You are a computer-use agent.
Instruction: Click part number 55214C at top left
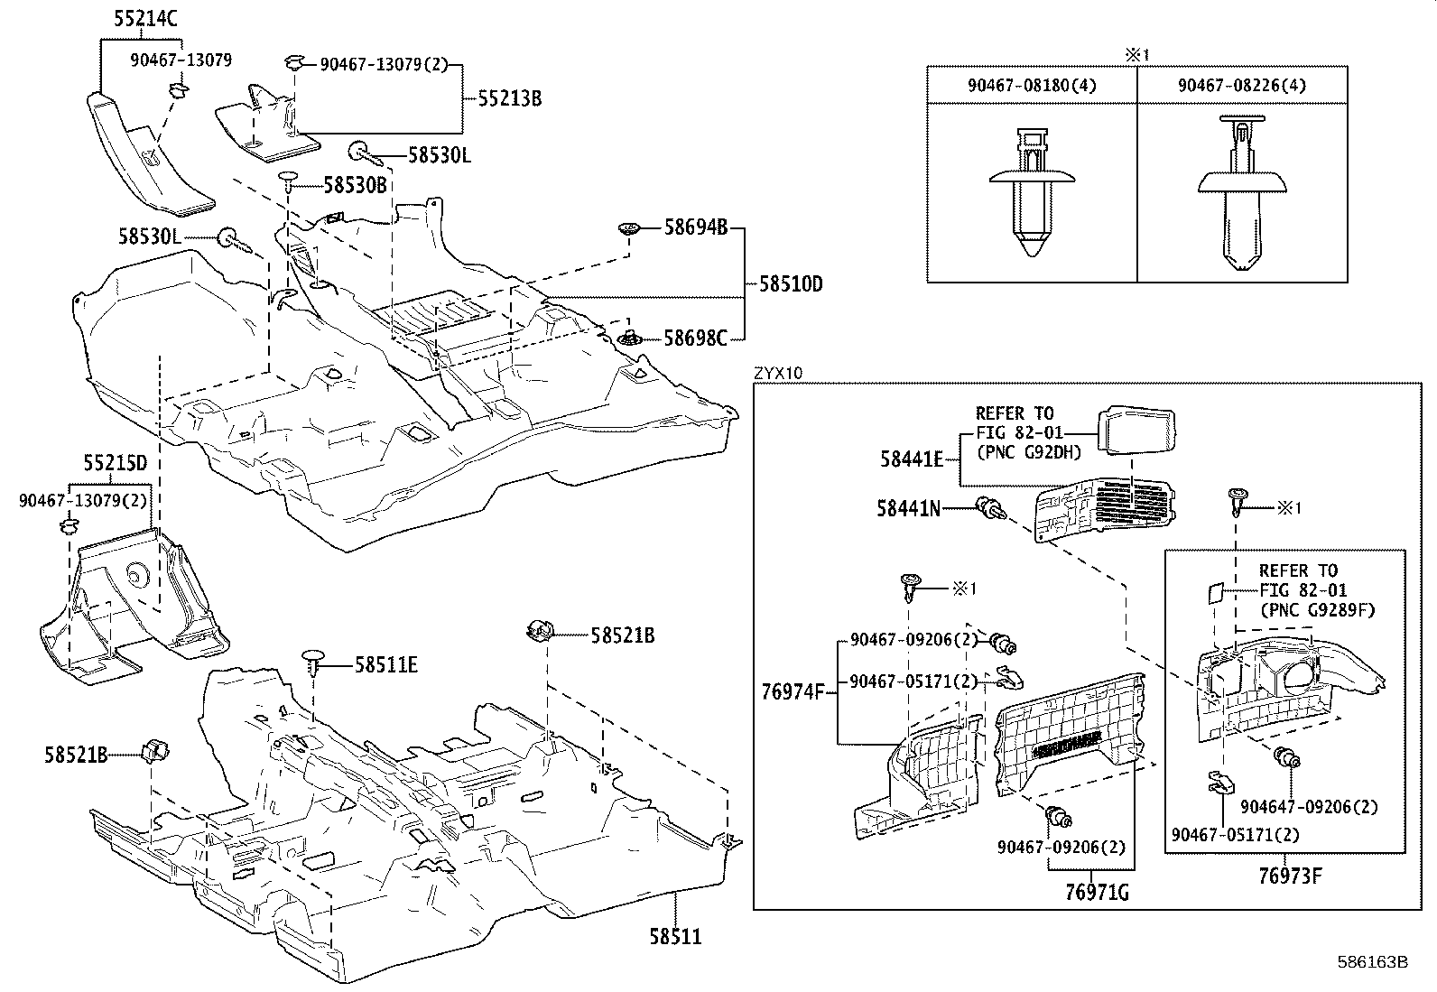coord(145,17)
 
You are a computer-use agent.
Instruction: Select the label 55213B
coord(509,98)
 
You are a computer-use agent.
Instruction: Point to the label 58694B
coord(695,227)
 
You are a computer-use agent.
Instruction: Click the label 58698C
coord(695,338)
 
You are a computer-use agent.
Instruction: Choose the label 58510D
coord(791,283)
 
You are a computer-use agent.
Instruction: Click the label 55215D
coord(115,465)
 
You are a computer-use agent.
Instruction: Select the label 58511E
coord(385,665)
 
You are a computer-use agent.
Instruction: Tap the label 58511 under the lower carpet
coord(675,937)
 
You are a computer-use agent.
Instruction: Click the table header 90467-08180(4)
coord(1031,85)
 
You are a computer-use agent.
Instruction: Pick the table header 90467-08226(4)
coord(1241,85)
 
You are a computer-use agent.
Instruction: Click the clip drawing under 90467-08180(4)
coord(1031,194)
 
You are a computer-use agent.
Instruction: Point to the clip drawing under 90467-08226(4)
coord(1242,194)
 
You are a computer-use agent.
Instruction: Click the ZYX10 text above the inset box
coord(777,372)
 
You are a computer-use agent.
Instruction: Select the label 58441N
coord(907,509)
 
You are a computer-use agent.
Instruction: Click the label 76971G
coord(1097,893)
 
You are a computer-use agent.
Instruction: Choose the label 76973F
coord(1291,875)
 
